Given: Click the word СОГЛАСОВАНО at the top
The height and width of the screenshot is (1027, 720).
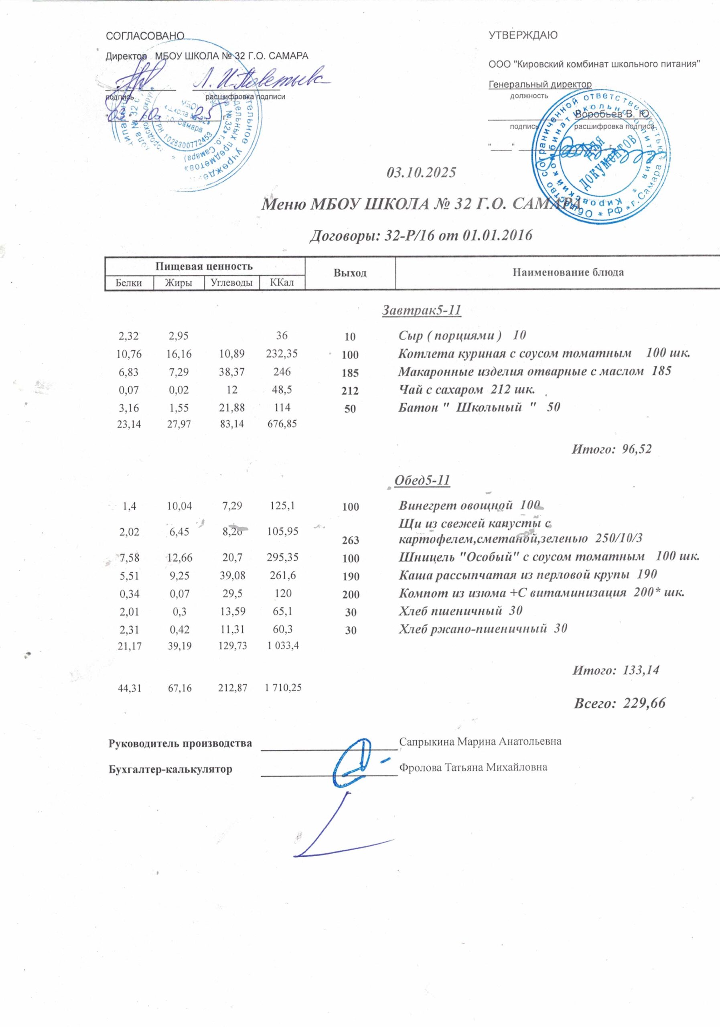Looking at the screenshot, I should tap(144, 36).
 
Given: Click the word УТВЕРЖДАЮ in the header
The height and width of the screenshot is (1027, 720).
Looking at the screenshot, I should tap(523, 35).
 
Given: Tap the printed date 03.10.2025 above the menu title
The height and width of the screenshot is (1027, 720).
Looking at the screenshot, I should tap(421, 172).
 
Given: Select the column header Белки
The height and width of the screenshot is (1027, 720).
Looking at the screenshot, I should tap(129, 283).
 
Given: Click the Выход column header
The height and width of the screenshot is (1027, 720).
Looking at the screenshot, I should tap(350, 273).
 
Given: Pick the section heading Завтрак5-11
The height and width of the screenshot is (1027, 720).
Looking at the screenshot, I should tap(421, 310).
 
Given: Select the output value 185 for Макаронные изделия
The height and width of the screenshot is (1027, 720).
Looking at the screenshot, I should tap(350, 373).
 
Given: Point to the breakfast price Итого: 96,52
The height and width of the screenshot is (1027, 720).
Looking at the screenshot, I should tap(611, 449).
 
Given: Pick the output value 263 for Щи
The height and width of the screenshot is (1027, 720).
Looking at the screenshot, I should tap(350, 540).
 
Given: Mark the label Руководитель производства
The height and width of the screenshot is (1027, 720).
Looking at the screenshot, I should tap(180, 743).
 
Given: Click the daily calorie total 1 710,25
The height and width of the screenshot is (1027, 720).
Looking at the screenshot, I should tap(283, 688).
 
